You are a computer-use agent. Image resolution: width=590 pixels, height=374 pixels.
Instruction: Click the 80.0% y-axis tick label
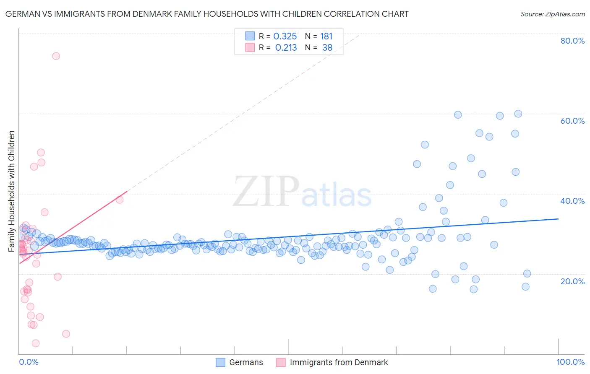coord(572,41)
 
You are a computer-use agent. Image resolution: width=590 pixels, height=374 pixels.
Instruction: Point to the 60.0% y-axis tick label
coord(572,121)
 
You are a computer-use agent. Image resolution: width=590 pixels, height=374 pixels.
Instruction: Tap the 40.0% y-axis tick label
coord(572,201)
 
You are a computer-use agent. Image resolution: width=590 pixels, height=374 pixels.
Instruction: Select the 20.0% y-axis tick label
coord(572,281)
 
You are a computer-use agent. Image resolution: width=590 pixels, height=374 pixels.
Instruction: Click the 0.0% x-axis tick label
coord(29,362)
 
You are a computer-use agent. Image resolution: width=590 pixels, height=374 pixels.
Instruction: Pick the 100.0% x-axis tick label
coord(570,362)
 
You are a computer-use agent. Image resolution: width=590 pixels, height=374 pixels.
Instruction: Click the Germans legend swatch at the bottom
coord(221,362)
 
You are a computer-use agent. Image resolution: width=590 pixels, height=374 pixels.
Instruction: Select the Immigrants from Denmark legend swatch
coord(281,362)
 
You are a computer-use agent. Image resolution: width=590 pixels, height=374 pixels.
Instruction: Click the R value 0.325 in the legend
coord(285,36)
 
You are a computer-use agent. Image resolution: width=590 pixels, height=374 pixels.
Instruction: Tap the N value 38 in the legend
coord(327,48)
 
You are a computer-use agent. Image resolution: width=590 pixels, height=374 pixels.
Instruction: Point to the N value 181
coord(326,36)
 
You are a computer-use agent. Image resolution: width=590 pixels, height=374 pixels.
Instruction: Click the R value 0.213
coord(286,48)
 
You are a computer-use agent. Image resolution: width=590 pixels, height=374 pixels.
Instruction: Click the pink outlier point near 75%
coord(56,56)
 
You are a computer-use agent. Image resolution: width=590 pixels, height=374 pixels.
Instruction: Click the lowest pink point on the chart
coord(36,343)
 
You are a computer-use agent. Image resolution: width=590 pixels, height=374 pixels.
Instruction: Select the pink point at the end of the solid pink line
coord(120,200)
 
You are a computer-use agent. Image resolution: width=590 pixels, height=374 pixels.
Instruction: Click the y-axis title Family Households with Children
coord(12,191)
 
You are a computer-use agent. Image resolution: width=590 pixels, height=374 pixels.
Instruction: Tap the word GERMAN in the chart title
coord(21,14)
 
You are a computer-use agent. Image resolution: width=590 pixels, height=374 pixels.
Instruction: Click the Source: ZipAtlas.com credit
coord(552,14)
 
